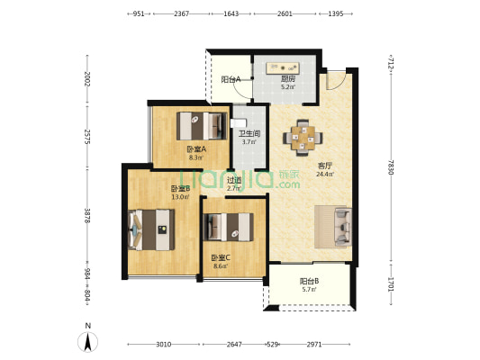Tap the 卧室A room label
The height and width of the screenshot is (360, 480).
[x=196, y=149]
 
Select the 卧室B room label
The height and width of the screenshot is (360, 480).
[x=181, y=188]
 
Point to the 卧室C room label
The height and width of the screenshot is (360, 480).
[x=221, y=257]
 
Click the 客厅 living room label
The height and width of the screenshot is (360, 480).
[x=325, y=166]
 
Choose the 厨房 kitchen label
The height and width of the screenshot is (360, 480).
[x=288, y=79]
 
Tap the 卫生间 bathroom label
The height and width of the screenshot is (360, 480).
[x=249, y=134]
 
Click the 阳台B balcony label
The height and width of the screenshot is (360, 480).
[x=310, y=281]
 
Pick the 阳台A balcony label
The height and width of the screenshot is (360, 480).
[x=231, y=80]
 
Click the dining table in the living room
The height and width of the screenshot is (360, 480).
[x=303, y=138]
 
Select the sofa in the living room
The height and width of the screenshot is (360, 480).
[x=343, y=227]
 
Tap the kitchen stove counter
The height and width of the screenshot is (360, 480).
[x=283, y=68]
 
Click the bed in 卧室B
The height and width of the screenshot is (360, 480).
[x=151, y=229]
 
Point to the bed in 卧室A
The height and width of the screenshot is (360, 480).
[x=202, y=126]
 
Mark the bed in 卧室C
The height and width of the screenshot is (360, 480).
[x=229, y=228]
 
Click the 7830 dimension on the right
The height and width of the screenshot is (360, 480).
[x=391, y=167]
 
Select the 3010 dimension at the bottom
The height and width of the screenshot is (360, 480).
[x=164, y=345]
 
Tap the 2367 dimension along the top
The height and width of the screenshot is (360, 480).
[x=182, y=13]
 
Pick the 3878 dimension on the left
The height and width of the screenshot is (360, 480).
[x=87, y=216]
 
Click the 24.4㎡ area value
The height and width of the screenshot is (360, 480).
[x=325, y=175]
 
